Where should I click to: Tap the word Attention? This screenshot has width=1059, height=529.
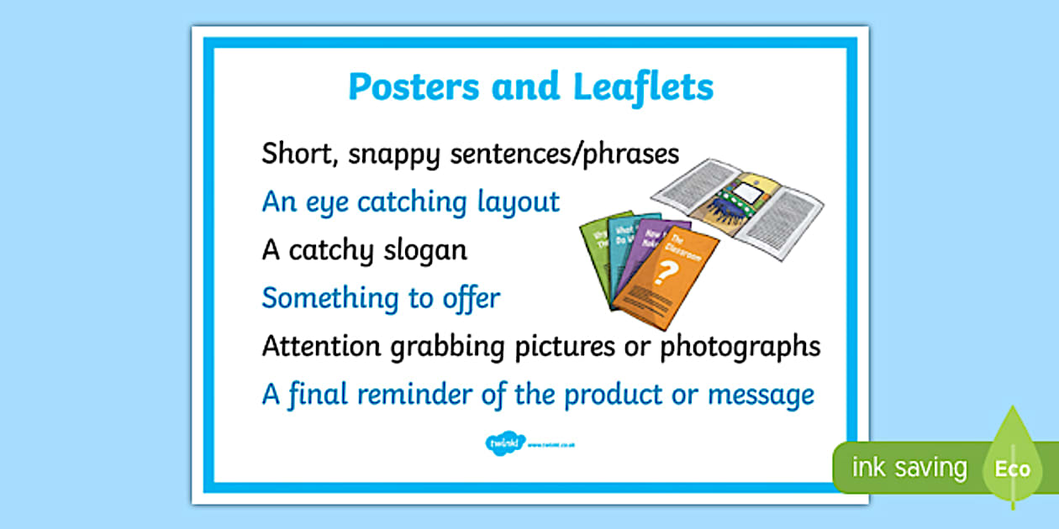click(x=324, y=346)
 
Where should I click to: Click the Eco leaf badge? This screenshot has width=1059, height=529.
click(x=1012, y=466)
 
